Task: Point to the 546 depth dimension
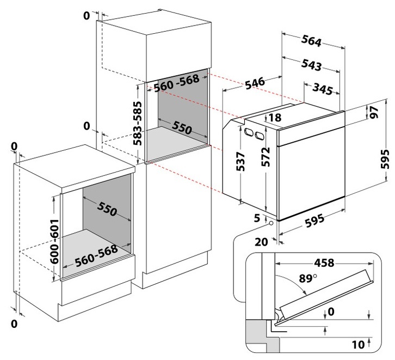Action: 254,83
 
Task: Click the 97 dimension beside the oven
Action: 374,113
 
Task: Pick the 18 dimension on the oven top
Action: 275,117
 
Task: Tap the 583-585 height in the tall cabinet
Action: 138,121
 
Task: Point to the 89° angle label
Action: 306,279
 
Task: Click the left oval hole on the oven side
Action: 248,132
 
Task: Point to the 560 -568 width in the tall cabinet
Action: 175,84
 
